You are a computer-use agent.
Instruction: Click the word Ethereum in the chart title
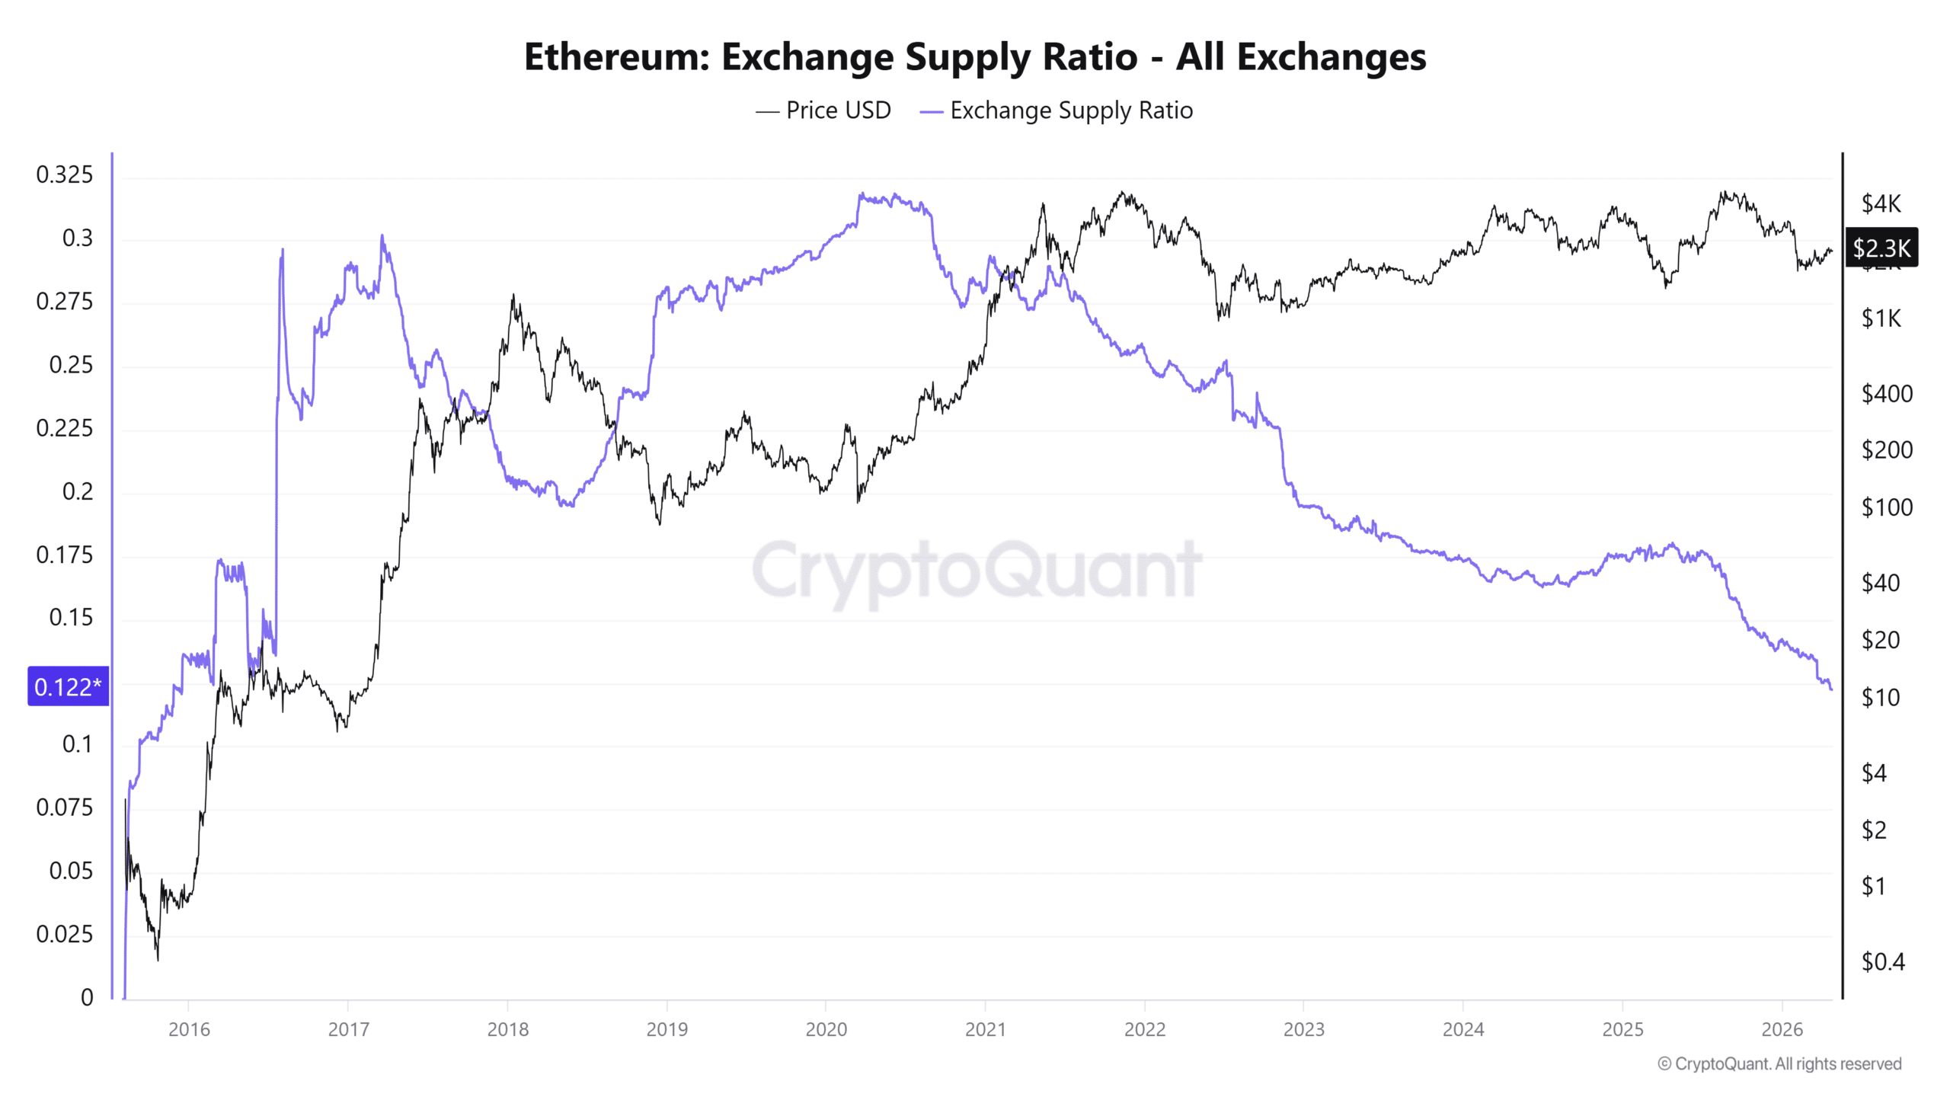[616, 57]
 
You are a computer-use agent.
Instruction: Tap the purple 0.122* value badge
[68, 686]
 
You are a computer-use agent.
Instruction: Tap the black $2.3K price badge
[1881, 248]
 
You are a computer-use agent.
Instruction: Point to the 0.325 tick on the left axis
[65, 174]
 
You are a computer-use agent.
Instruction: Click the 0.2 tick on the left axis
[77, 491]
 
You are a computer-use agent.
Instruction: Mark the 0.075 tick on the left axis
[65, 808]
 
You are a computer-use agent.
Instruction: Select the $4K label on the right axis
[1881, 203]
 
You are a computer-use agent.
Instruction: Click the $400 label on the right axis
[1886, 394]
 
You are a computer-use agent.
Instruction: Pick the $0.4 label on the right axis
[1882, 962]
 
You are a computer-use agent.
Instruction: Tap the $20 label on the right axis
[1880, 640]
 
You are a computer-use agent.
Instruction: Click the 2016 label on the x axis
[189, 1029]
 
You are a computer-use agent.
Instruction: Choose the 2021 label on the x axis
[985, 1029]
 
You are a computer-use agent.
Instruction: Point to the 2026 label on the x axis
[1782, 1029]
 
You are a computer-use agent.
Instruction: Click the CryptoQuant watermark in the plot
[977, 570]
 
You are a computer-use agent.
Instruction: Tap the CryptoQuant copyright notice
[1779, 1063]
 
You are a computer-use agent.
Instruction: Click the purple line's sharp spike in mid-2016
[283, 250]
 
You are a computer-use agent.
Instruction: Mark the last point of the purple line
[1831, 689]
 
